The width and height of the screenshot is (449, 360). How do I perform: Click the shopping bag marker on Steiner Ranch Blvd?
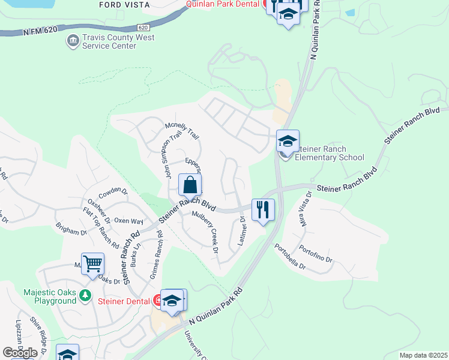coord(190,185)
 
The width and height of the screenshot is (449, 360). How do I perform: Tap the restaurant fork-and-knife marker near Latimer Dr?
coord(263,210)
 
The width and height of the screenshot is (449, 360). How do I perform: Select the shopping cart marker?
coord(92,264)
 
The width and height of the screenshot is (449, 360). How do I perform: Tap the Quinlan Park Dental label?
coord(223,4)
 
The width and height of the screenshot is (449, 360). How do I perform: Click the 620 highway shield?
coord(142,28)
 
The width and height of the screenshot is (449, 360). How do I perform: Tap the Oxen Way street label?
coord(128,221)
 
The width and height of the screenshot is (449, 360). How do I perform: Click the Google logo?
coord(20,352)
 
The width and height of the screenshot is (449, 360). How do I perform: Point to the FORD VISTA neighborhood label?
coord(125,4)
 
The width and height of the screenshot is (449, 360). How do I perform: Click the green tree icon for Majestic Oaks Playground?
coord(86,295)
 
